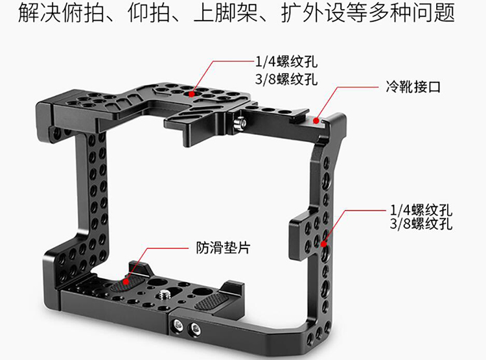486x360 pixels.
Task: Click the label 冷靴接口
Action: point(413,87)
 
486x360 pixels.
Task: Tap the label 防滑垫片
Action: point(223,248)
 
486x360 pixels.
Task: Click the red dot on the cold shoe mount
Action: point(316,120)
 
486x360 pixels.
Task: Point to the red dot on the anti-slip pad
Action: point(126,281)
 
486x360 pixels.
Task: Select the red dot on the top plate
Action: point(192,93)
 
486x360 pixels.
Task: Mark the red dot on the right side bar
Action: point(323,244)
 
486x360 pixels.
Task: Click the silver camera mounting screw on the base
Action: point(163,294)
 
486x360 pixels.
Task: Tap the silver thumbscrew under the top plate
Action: point(240,124)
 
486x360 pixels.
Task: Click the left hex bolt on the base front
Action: point(178,324)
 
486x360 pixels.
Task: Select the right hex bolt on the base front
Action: point(195,326)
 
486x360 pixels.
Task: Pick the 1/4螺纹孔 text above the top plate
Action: point(286,62)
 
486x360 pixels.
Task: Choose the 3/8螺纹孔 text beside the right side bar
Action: point(421,223)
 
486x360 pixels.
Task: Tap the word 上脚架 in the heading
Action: point(226,13)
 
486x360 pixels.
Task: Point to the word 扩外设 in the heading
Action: point(313,13)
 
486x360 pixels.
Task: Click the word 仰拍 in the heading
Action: point(149,13)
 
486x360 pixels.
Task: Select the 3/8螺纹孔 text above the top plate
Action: point(286,79)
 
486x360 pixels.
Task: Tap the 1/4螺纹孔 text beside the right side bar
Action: point(421,210)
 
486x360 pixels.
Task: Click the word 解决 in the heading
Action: point(40,13)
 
